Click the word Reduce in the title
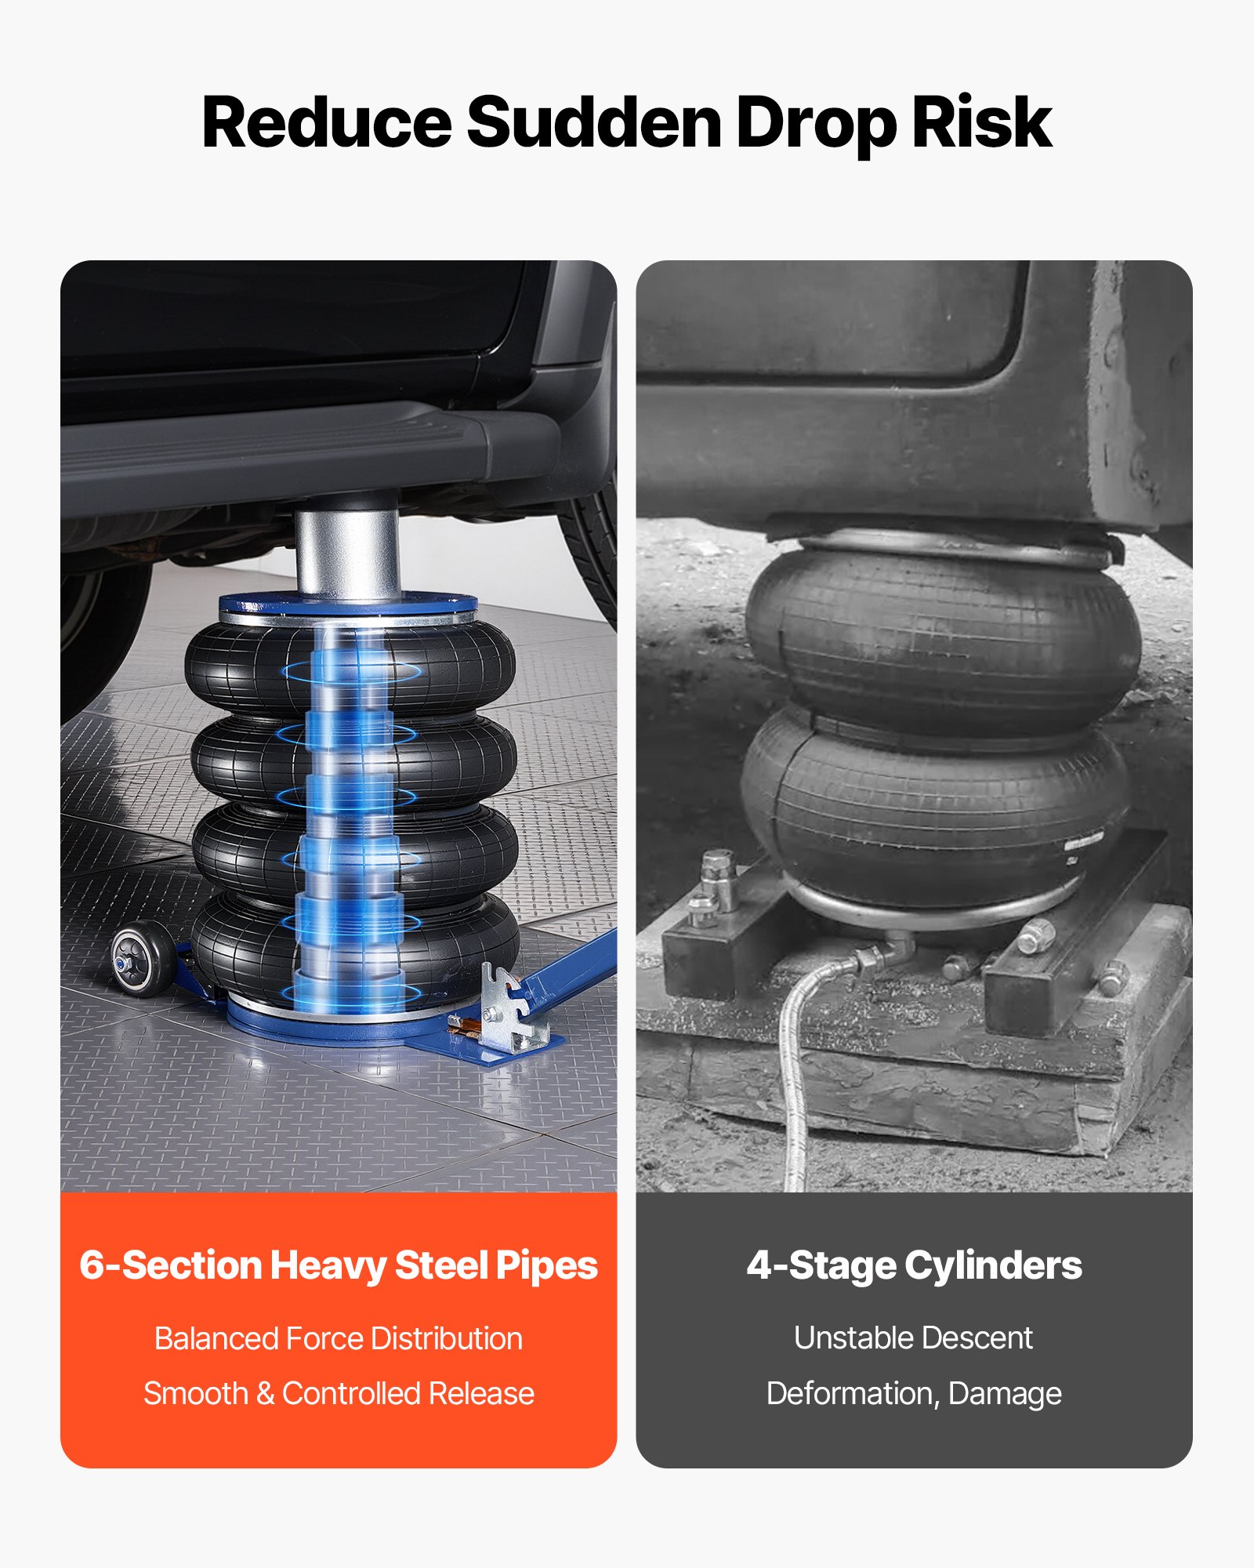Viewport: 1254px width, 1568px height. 327,123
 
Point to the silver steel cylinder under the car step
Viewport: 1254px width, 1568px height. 347,553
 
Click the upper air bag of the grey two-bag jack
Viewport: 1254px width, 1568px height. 940,635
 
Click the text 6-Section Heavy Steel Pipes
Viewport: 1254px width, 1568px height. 338,1265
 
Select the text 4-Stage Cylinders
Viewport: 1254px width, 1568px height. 914,1265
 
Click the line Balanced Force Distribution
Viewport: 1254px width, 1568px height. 338,1338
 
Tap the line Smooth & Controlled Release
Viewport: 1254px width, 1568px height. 338,1393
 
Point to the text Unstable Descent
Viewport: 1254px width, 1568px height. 913,1338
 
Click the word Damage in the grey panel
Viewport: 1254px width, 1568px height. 1005,1394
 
